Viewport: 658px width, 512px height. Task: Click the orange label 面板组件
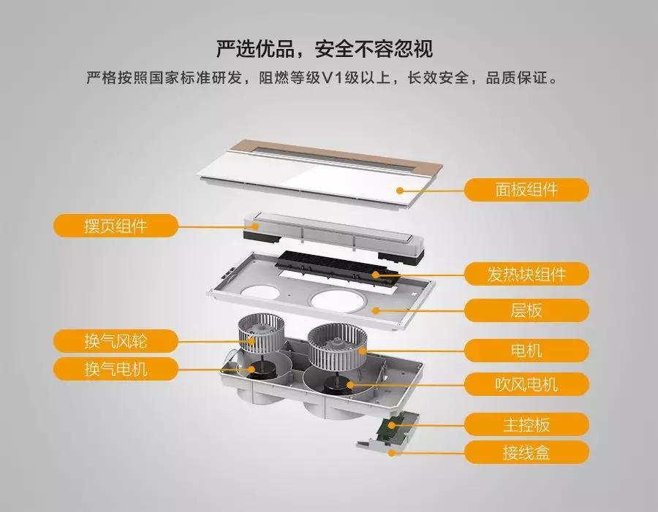click(526, 190)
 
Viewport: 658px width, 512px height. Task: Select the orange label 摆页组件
click(116, 226)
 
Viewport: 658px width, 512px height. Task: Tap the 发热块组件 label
click(526, 275)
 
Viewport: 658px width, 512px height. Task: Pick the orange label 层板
click(526, 310)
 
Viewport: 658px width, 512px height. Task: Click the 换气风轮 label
click(116, 341)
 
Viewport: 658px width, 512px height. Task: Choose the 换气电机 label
click(116, 369)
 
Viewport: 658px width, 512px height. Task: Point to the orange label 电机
click(526, 351)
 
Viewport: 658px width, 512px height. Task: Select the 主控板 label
click(526, 424)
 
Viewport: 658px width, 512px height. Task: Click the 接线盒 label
click(526, 453)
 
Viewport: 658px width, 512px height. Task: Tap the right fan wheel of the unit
click(336, 348)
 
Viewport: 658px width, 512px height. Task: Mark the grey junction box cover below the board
click(380, 447)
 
